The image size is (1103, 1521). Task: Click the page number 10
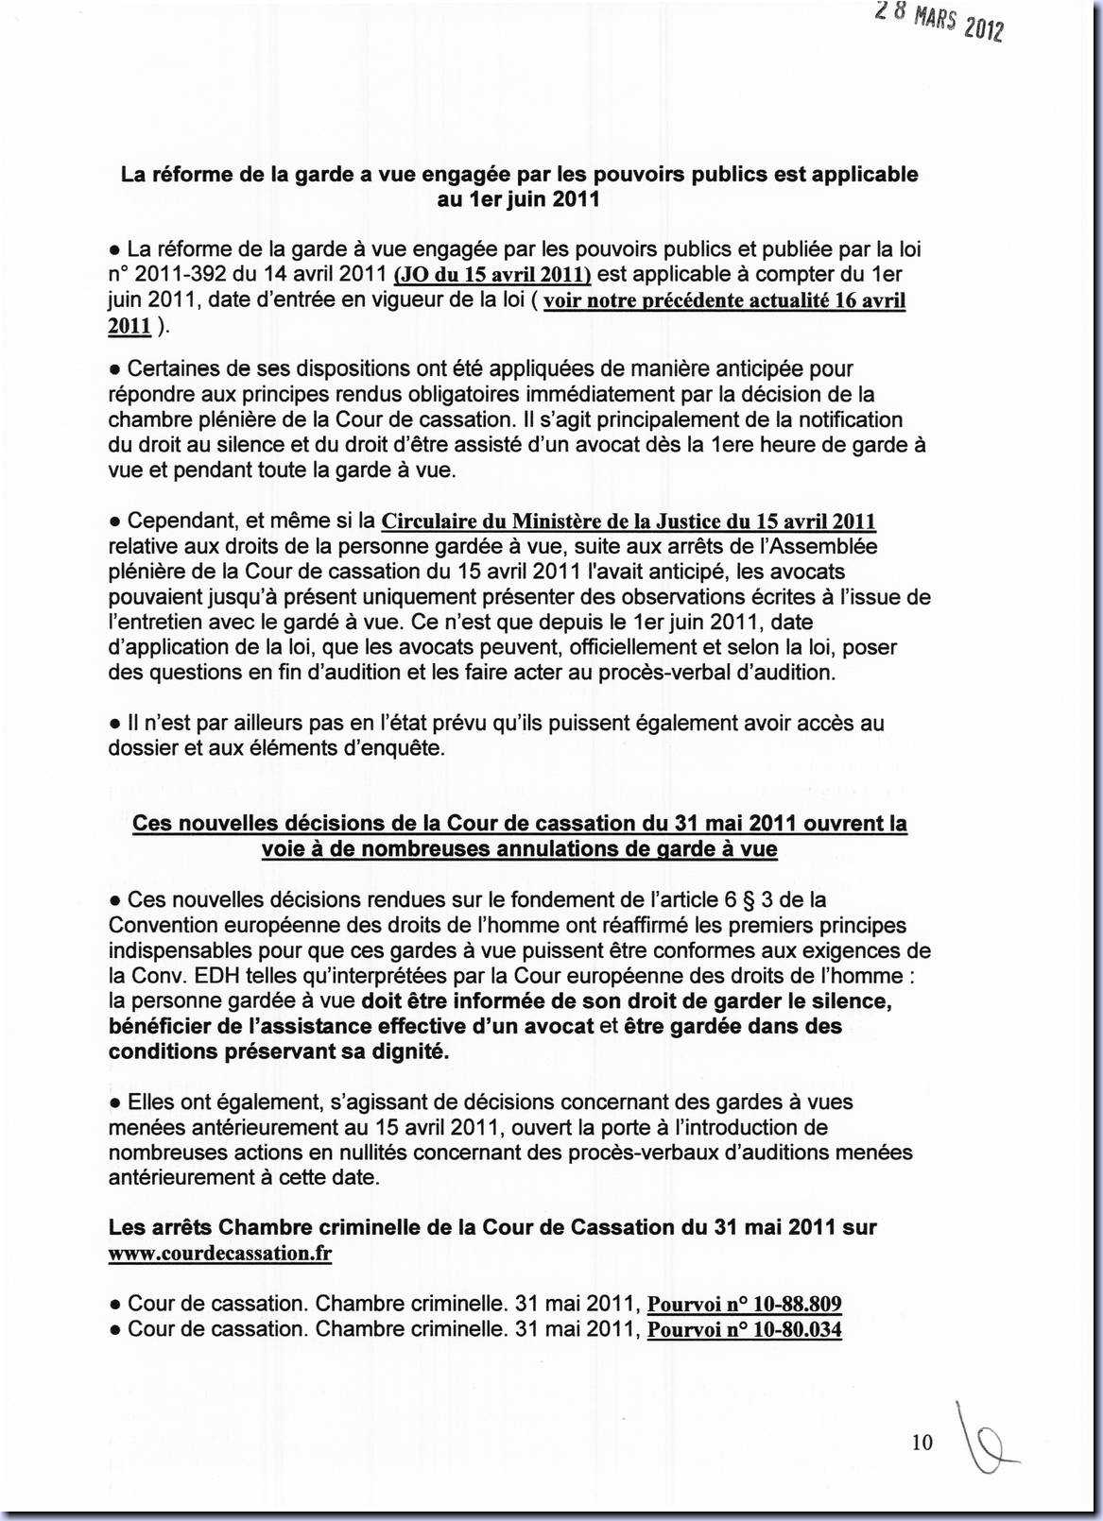(x=922, y=1443)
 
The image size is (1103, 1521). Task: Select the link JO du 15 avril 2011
(x=491, y=275)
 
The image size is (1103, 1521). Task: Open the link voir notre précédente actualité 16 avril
(x=724, y=300)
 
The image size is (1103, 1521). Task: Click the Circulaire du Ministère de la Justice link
(x=628, y=521)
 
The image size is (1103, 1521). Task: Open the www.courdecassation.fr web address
(x=219, y=1254)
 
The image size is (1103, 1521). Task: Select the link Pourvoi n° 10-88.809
(x=744, y=1305)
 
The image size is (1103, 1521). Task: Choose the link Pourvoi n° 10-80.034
(x=744, y=1330)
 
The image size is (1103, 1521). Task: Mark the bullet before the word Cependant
(x=114, y=521)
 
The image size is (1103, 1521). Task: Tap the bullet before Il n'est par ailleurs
(x=114, y=724)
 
